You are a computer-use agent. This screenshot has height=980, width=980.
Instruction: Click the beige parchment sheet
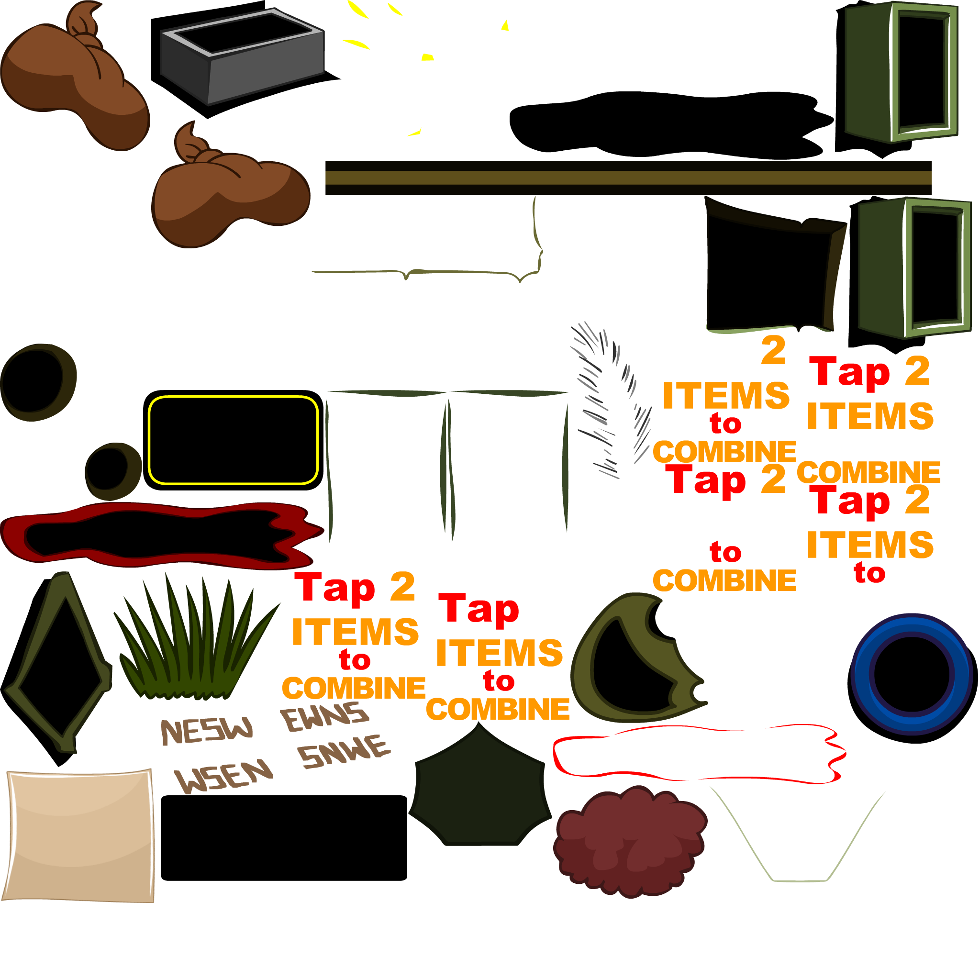click(x=78, y=835)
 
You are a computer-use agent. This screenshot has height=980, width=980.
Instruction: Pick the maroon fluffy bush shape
click(x=629, y=842)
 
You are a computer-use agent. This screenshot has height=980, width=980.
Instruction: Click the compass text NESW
click(x=206, y=730)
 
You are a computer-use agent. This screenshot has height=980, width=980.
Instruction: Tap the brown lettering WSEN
click(x=223, y=776)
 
